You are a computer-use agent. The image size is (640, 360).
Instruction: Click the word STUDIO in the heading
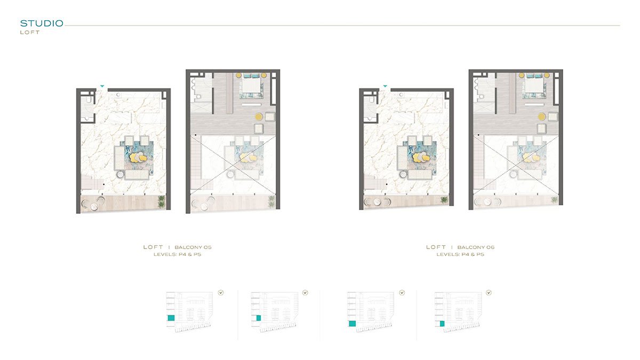point(42,23)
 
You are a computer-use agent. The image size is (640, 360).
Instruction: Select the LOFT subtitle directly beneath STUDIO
point(30,32)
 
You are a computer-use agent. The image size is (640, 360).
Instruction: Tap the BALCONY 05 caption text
point(193,247)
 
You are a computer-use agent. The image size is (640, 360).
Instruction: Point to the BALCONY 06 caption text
point(476,247)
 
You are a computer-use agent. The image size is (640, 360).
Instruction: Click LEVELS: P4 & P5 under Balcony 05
point(177,255)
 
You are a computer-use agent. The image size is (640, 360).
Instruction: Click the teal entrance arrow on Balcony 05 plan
point(102,85)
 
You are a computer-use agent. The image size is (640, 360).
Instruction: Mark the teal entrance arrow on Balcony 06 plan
point(385,85)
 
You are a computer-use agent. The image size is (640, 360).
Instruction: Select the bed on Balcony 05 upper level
point(251,86)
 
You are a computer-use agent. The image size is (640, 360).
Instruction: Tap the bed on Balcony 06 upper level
point(534,86)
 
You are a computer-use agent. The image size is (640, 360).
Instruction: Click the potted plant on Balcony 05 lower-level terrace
point(162,201)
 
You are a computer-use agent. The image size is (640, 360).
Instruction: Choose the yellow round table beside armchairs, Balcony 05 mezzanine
point(258,117)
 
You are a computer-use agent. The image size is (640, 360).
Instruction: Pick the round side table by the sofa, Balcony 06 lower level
point(403,173)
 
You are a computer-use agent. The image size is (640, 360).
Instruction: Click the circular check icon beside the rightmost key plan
point(489,292)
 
